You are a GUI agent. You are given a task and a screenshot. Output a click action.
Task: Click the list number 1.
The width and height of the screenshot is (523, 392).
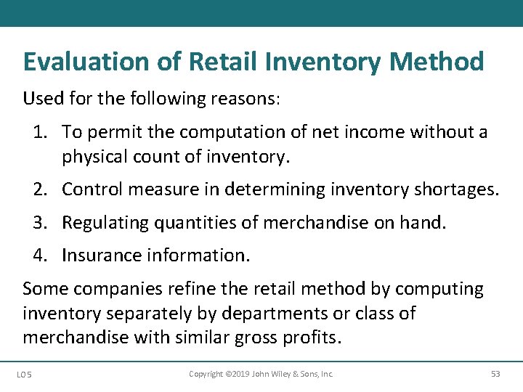(38, 132)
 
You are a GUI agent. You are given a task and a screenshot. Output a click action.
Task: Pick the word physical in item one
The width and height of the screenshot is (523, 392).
(92, 155)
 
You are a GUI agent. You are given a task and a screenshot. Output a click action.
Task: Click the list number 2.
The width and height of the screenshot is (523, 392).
(39, 190)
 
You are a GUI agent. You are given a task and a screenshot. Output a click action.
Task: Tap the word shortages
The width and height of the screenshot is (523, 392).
(455, 190)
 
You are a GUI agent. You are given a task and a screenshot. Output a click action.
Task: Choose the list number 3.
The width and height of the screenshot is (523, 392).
(39, 223)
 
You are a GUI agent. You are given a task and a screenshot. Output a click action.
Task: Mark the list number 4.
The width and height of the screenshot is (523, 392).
(39, 256)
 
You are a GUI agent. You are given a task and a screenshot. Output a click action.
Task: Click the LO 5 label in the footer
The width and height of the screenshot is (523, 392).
(24, 375)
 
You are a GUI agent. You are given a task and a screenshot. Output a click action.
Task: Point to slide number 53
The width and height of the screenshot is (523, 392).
(495, 374)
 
